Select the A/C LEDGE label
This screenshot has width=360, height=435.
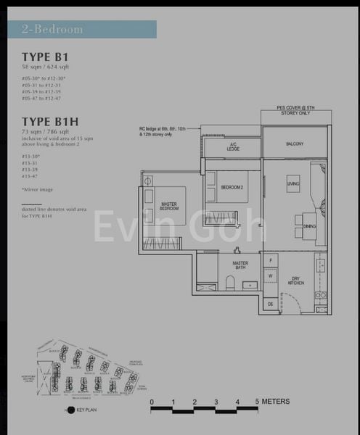coord(233,147)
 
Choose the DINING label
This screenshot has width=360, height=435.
coord(310,226)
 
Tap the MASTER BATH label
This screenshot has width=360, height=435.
coord(240,266)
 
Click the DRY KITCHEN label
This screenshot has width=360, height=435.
coord(295,280)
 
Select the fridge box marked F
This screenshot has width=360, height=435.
coord(270,260)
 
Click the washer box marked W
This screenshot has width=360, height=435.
coord(270,275)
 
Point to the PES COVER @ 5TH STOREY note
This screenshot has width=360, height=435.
coord(295,110)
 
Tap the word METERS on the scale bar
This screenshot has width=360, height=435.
coord(276,401)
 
